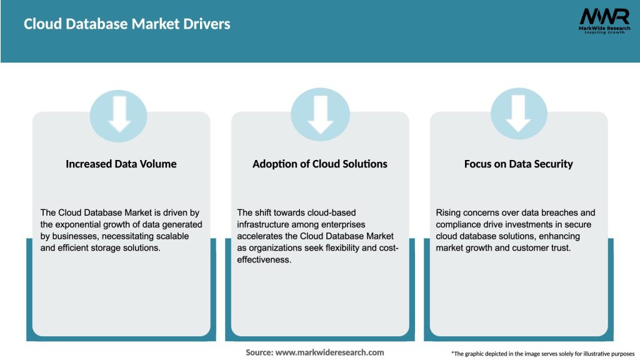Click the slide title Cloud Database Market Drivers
click(127, 24)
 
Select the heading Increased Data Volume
click(121, 164)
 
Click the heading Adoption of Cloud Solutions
click(320, 164)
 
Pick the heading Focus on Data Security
click(518, 164)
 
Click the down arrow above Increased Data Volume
click(120, 114)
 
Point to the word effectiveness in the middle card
click(264, 259)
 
